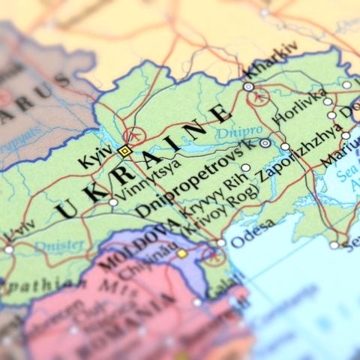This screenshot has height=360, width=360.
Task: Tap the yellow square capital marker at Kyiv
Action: pos(124,151)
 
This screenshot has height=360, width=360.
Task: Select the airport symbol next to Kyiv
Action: pos(134,136)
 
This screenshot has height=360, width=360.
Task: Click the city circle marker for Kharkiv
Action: pos(248,87)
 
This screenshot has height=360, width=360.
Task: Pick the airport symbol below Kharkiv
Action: pos(259,98)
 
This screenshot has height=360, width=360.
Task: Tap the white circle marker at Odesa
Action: pos(220,242)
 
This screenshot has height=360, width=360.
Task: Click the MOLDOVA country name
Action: pos(134,246)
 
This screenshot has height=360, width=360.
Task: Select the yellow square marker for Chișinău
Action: pos(181,253)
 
